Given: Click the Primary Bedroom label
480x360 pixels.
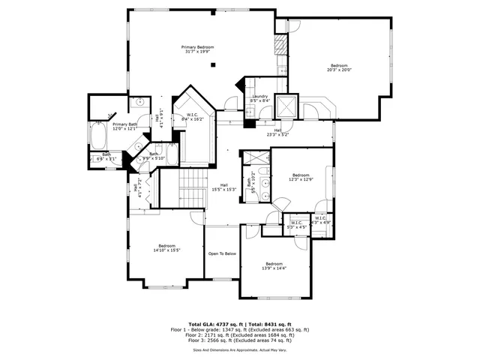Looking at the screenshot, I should pos(193,49).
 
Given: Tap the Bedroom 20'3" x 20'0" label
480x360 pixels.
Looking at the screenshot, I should pos(339,68).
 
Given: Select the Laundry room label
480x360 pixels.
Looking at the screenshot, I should pos(260,98).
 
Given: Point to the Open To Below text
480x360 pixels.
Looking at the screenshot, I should pos(222,253).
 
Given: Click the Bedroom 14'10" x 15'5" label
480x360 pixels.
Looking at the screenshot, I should pos(166,248).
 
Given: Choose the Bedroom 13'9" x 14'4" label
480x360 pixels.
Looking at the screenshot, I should pos(274,265).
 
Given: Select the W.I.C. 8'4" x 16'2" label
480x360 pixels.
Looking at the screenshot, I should pos(193,117).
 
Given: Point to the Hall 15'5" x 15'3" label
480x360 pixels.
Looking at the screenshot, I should pos(224,187).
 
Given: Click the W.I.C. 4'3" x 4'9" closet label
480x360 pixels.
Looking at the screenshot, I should pos(320,220).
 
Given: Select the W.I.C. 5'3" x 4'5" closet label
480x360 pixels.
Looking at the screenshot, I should pos(295,223).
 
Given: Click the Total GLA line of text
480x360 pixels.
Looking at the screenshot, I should pos(239,323).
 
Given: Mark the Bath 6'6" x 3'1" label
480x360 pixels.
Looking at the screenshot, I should pos(106,157).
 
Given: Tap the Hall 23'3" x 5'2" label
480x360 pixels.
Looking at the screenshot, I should pos(277,132).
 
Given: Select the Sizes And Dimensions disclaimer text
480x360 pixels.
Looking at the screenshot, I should pos(239,349).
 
